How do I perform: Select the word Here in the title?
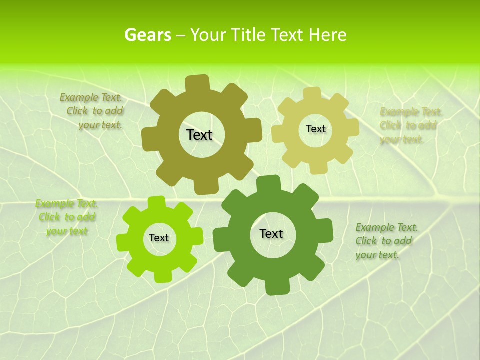point(327,35)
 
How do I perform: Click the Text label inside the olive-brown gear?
point(200,135)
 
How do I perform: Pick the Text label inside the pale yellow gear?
point(315,129)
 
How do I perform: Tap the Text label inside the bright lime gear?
point(159,238)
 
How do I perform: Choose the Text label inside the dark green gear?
point(271,233)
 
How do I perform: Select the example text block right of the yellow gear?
point(410,125)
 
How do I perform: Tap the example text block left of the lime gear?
point(66,217)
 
